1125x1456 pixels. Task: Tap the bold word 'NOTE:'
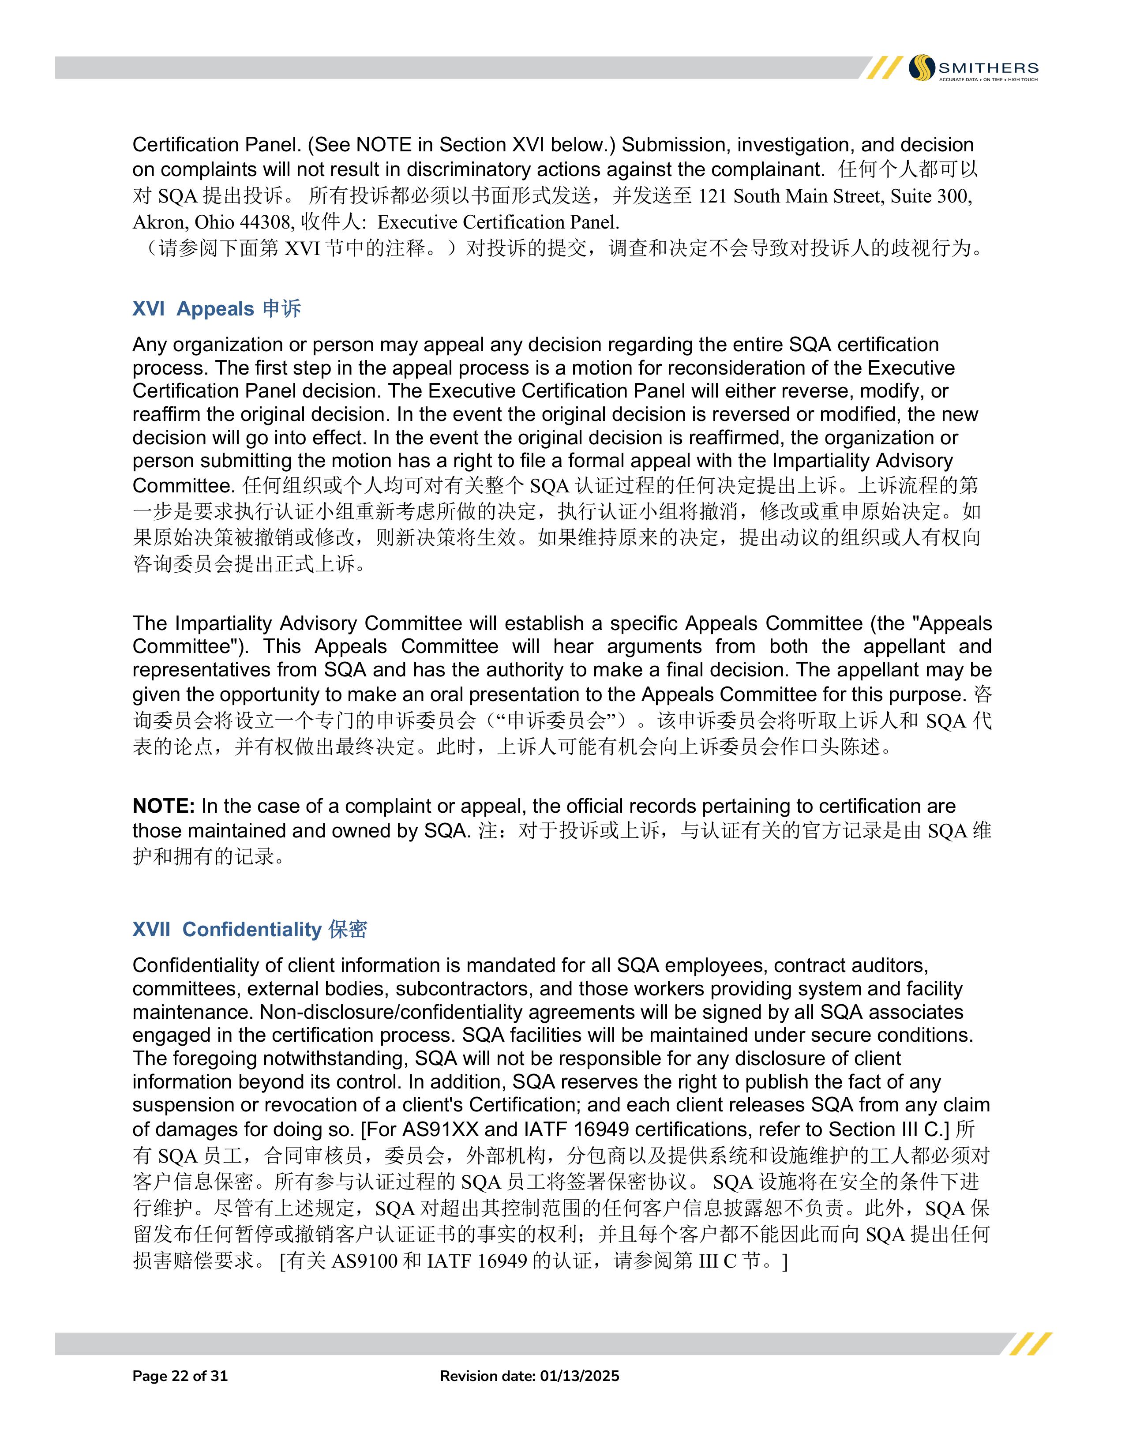[163, 806]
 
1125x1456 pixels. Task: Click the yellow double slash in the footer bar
[1030, 1343]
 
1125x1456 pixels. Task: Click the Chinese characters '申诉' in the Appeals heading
[281, 309]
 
